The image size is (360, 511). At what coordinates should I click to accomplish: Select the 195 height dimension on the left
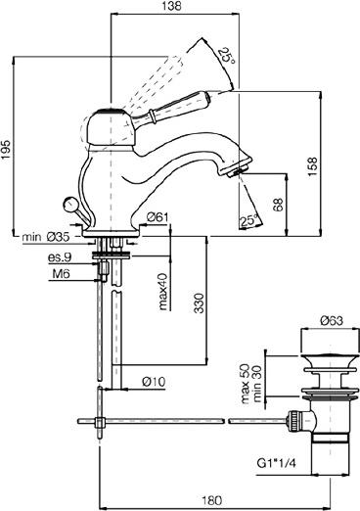(x=6, y=150)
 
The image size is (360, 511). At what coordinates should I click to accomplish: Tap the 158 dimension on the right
(x=312, y=166)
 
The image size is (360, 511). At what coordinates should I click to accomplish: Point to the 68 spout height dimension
(x=279, y=205)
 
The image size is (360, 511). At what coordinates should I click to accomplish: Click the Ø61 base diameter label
(x=157, y=217)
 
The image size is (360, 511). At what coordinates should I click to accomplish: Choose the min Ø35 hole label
(x=46, y=237)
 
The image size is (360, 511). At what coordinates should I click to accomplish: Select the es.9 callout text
(x=60, y=257)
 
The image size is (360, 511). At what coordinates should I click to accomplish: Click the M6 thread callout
(x=62, y=274)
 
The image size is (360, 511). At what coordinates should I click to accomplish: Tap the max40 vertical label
(x=163, y=292)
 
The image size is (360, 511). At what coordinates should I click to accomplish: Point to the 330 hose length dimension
(x=199, y=303)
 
